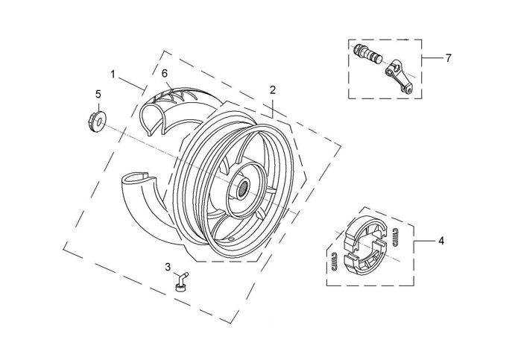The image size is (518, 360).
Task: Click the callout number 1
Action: [113, 75]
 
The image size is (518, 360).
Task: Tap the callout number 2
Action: [272, 90]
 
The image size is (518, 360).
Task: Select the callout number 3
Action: [168, 267]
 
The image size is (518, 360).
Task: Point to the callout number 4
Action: [441, 241]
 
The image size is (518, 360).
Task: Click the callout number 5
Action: [98, 94]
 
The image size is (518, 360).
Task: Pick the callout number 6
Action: [165, 73]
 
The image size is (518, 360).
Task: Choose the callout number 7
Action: [448, 58]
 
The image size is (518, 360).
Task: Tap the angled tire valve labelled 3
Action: [181, 282]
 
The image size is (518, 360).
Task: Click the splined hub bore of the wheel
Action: [243, 189]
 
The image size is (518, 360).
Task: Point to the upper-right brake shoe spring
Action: [395, 237]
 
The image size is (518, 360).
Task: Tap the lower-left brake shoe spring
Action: [335, 263]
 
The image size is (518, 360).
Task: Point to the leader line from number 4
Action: [425, 241]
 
